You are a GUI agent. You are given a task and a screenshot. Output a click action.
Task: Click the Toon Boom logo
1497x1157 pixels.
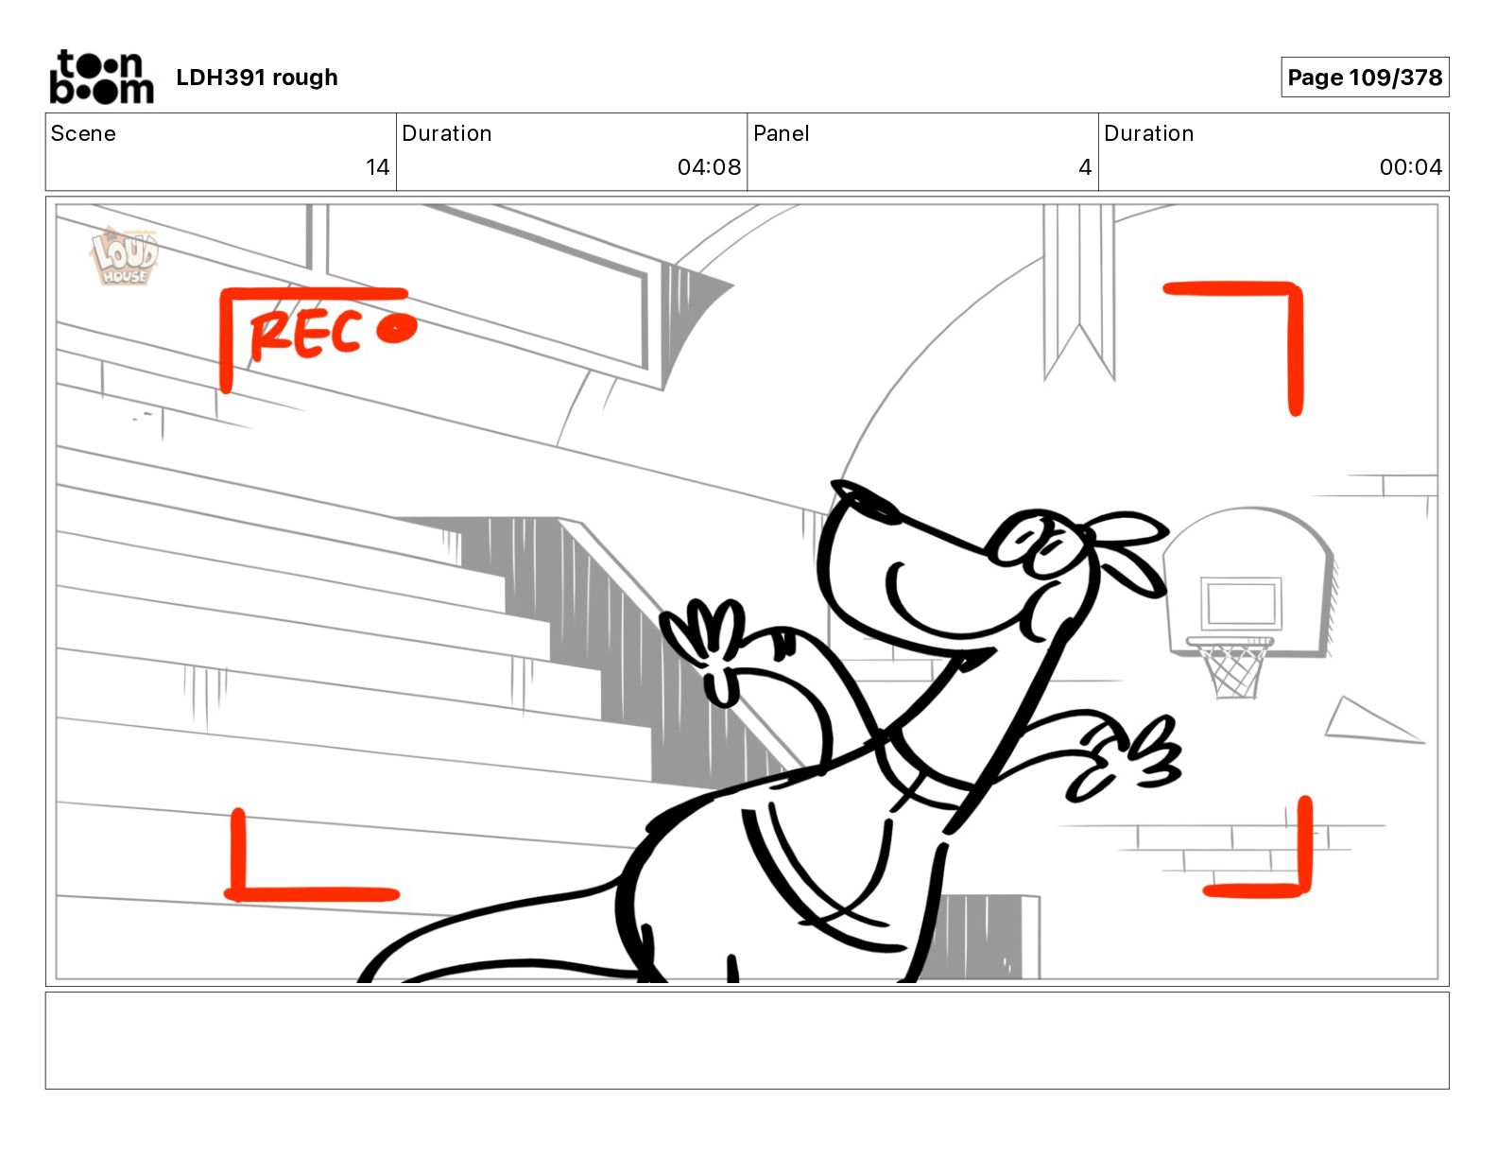pyautogui.click(x=100, y=77)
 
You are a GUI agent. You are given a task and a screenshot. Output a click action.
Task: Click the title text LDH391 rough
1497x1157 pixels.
pyautogui.click(x=256, y=78)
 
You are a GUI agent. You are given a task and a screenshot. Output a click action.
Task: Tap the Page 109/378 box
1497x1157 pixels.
pyautogui.click(x=1364, y=78)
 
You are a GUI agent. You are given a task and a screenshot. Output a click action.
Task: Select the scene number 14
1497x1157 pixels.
pyautogui.click(x=377, y=167)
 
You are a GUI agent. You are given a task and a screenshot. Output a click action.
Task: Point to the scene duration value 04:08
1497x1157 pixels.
pyautogui.click(x=709, y=167)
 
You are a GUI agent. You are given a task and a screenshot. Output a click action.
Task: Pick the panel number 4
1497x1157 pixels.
pyautogui.click(x=1084, y=167)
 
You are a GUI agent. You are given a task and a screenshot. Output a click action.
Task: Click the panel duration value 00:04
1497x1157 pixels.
pyautogui.click(x=1410, y=167)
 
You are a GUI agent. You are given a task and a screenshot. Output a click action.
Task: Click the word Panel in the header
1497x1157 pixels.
pyautogui.click(x=781, y=133)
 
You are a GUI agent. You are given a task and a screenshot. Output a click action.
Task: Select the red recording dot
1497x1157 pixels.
pyautogui.click(x=396, y=329)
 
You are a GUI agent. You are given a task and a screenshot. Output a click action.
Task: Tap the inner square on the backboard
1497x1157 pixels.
pyautogui.click(x=1240, y=603)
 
